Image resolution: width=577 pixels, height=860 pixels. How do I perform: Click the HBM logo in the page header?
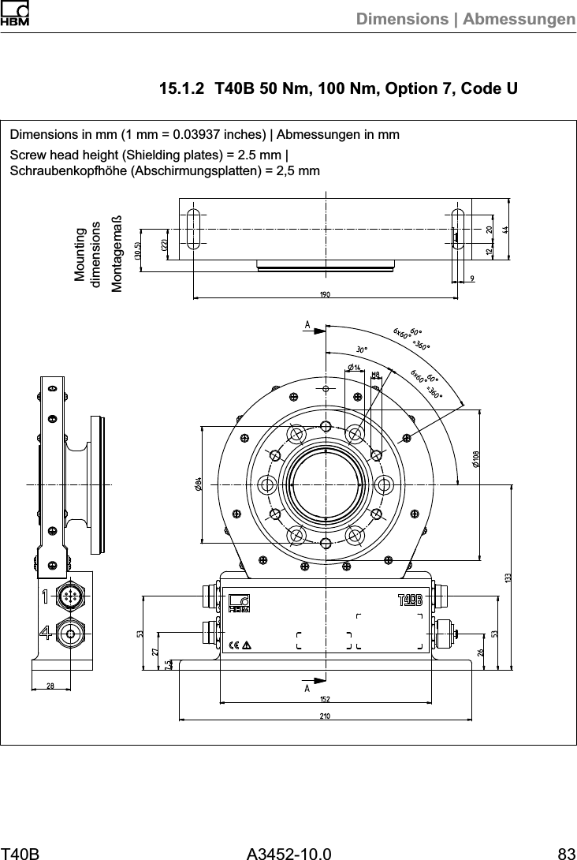coord(15,15)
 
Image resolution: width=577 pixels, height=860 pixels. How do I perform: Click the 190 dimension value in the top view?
coord(324,294)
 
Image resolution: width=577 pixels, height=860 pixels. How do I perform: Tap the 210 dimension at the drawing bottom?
coord(324,716)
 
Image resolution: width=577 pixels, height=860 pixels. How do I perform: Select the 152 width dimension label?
coord(324,698)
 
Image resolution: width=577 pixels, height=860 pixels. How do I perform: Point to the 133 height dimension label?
coord(508,579)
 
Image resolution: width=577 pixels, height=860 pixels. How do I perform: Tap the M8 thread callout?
coord(376,375)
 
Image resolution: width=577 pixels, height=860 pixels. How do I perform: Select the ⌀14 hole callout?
coord(354,368)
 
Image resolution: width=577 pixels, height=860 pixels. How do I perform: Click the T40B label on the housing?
coord(409,600)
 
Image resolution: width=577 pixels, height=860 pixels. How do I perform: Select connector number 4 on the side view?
coord(48,632)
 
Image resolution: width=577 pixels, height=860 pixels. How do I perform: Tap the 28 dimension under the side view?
coord(50,686)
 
